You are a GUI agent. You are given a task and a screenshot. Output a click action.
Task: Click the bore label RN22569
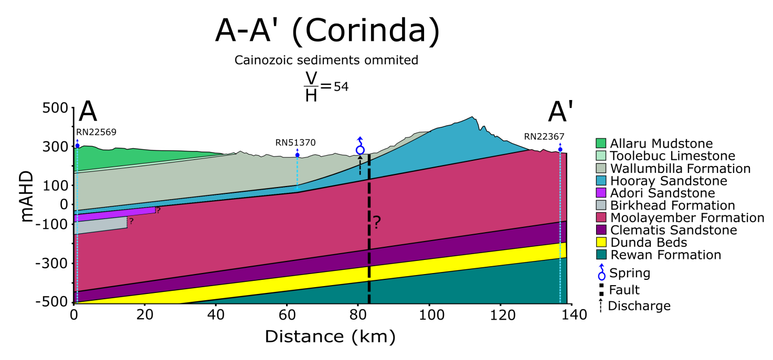[96, 132]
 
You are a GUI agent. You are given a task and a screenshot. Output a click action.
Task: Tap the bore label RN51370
[295, 142]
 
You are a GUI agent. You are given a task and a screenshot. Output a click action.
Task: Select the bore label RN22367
[544, 137]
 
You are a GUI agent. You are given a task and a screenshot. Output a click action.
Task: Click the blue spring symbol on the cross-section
[360, 149]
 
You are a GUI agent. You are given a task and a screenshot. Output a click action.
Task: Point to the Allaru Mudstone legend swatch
[601, 143]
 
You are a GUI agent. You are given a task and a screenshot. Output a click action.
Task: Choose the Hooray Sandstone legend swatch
[601, 181]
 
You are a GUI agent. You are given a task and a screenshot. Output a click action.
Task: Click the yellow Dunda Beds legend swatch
[601, 243]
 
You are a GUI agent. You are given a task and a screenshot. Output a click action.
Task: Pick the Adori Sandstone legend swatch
[601, 193]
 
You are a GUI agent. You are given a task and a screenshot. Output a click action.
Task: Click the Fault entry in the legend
[624, 290]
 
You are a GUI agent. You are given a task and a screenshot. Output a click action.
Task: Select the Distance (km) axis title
[330, 336]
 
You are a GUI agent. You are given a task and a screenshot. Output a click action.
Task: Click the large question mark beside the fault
[376, 223]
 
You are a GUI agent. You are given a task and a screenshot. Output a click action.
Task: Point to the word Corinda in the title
[364, 32]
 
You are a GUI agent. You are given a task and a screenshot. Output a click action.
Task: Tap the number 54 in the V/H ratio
[341, 86]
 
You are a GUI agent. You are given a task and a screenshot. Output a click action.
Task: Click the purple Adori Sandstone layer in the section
[115, 214]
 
